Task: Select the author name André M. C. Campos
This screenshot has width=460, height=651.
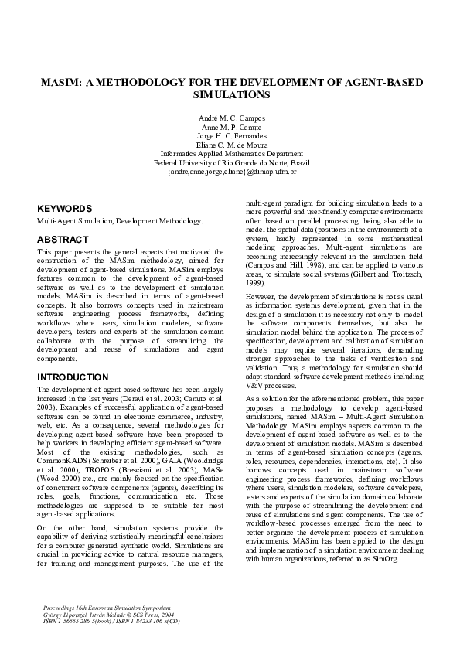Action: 230,117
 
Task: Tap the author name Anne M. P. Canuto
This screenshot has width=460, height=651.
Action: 230,126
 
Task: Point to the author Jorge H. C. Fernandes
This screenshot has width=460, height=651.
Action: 230,135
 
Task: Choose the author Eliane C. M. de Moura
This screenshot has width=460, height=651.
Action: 230,145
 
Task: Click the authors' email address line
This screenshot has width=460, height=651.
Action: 230,172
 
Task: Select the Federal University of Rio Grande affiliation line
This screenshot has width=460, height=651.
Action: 230,163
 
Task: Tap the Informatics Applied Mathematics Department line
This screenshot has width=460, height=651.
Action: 230,154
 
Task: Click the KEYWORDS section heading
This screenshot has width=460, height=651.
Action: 65,209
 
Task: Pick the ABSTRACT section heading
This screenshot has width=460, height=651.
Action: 63,240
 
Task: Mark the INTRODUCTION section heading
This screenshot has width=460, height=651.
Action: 73,377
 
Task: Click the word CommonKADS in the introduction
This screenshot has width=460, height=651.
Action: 61,461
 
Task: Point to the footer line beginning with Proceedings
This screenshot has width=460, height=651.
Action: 106,599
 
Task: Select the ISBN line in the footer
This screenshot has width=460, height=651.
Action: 113,619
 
